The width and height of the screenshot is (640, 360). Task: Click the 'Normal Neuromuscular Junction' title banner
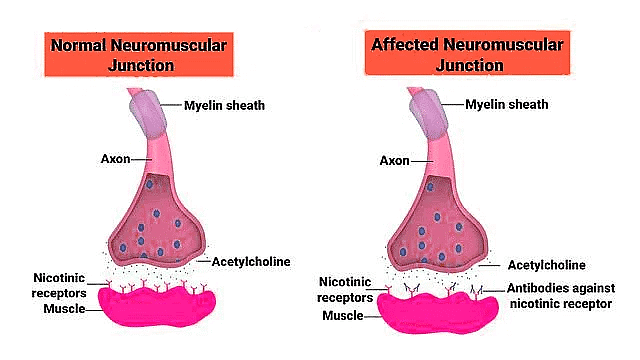[139, 54]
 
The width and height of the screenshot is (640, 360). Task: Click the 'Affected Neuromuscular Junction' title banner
[467, 53]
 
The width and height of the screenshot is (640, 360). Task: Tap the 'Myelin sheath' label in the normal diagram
[224, 105]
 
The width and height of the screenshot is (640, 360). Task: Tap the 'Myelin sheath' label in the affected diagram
[507, 104]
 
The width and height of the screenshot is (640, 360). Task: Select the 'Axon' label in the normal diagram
[116, 158]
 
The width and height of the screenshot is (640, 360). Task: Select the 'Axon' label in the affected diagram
[394, 160]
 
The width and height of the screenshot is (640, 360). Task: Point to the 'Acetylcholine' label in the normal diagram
[251, 262]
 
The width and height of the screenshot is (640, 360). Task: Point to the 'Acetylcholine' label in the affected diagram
[547, 265]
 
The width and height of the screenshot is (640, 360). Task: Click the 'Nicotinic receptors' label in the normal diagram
[59, 285]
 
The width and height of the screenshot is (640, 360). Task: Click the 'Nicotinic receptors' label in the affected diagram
[345, 289]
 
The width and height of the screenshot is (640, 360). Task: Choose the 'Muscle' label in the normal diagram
[64, 309]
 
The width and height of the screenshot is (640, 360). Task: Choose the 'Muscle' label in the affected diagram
[342, 316]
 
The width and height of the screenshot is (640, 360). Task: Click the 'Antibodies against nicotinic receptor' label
[561, 296]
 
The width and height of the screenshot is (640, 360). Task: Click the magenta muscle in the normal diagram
[157, 305]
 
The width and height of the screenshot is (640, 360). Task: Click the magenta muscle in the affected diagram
[437, 312]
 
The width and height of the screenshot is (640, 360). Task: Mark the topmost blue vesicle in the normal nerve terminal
[149, 184]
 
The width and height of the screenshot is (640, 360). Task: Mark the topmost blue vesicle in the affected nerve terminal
[430, 187]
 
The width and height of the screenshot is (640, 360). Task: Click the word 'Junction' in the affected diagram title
[469, 65]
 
